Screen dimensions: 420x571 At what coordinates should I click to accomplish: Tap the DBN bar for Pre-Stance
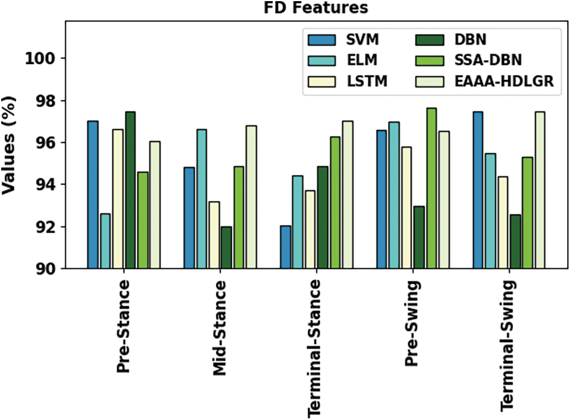tap(130, 190)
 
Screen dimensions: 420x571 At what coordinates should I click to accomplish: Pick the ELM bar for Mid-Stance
tap(202, 199)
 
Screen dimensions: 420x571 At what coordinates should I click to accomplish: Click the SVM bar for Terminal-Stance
tap(285, 247)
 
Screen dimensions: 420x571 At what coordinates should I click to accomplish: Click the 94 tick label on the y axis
tap(50, 185)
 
